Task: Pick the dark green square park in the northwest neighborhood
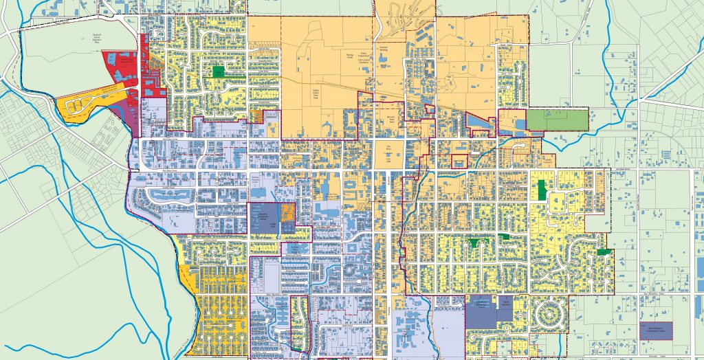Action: click(x=219, y=71)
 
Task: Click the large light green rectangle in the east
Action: click(x=558, y=120)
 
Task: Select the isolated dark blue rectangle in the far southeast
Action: click(x=656, y=330)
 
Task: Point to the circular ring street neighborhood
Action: click(x=551, y=315)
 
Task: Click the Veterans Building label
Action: click(x=383, y=50)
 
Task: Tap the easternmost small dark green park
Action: click(x=604, y=252)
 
